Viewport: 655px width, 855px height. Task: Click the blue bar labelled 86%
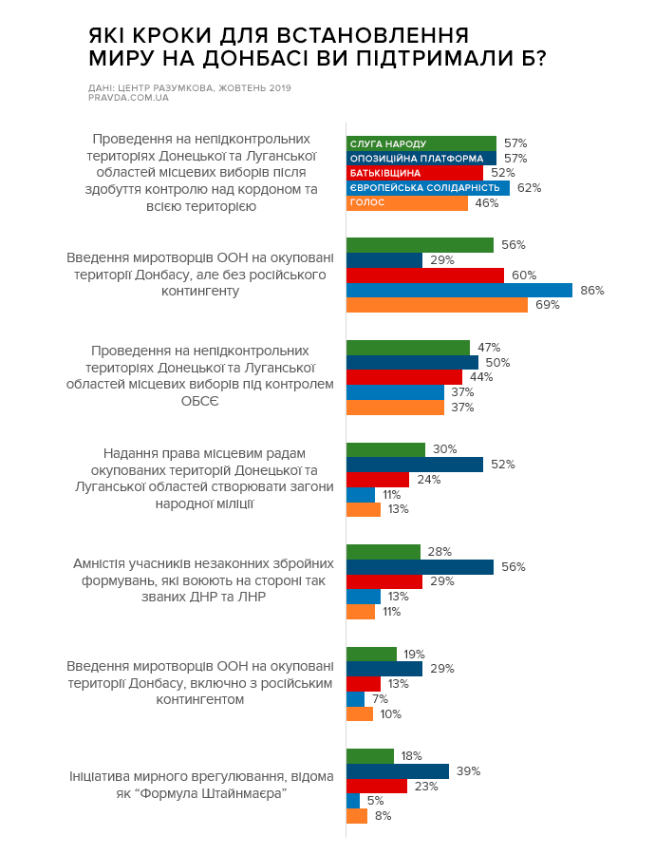pos(459,290)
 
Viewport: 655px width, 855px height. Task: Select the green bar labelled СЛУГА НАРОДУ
pos(421,142)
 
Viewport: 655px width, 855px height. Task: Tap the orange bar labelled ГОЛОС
pos(407,203)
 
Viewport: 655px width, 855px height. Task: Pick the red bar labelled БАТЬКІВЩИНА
pos(415,173)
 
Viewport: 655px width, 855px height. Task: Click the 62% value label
pos(530,188)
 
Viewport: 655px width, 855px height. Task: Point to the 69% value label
pos(548,305)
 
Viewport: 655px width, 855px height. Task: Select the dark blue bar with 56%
pos(420,567)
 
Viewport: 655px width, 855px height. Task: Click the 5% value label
pos(375,801)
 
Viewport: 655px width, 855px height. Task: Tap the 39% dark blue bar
pos(398,770)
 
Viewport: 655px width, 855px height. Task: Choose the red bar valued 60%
pos(425,275)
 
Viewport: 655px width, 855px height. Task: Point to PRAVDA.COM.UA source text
pos(128,98)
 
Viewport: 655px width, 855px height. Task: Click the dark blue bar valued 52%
pos(415,465)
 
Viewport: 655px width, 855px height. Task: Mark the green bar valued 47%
pos(408,347)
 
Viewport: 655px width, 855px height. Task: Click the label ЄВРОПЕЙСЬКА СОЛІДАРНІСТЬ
pos(425,188)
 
